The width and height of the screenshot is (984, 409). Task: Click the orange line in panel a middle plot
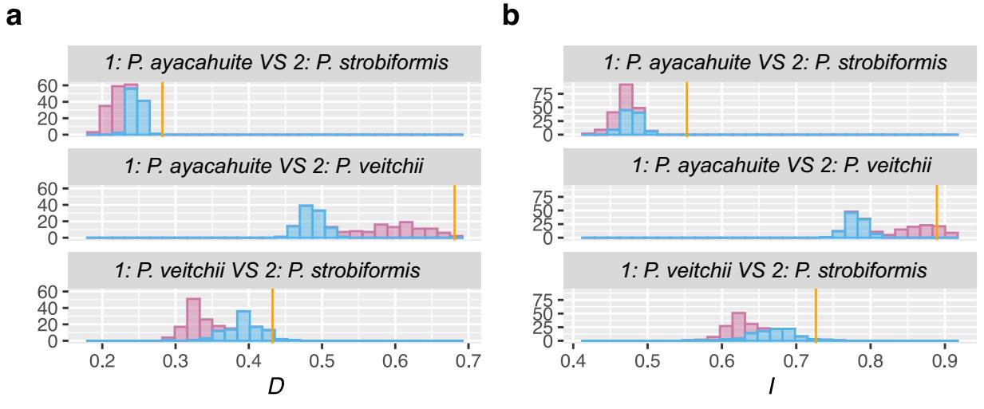tap(454, 211)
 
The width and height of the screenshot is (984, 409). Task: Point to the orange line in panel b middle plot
tap(937, 211)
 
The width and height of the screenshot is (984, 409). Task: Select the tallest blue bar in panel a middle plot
tap(305, 222)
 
